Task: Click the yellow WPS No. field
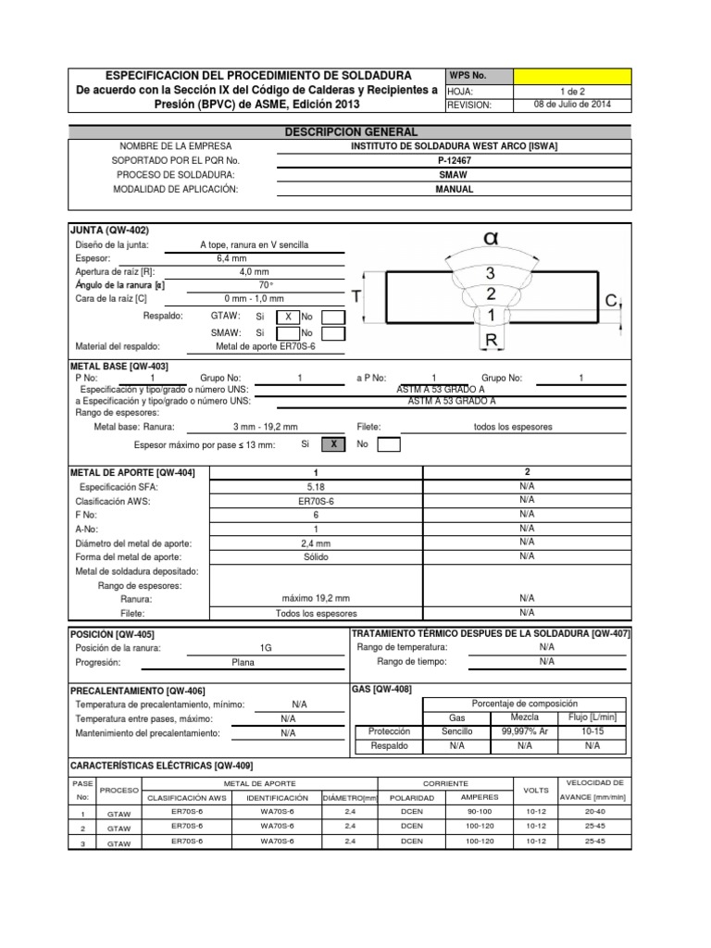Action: tap(571, 75)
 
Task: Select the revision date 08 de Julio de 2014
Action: tap(571, 105)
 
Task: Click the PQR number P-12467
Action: tap(455, 160)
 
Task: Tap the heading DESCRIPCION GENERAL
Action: tap(350, 132)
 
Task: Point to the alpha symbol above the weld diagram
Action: tap(491, 239)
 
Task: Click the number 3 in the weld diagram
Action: tap(491, 272)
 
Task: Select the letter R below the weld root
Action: tap(492, 342)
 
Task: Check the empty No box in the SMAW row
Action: tap(333, 333)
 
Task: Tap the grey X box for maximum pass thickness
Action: tap(332, 445)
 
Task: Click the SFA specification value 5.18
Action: tap(316, 486)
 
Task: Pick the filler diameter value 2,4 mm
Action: tap(316, 543)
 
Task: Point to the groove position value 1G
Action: tap(267, 648)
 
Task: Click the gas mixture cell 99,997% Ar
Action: tap(524, 730)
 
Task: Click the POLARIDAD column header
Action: tap(407, 797)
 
